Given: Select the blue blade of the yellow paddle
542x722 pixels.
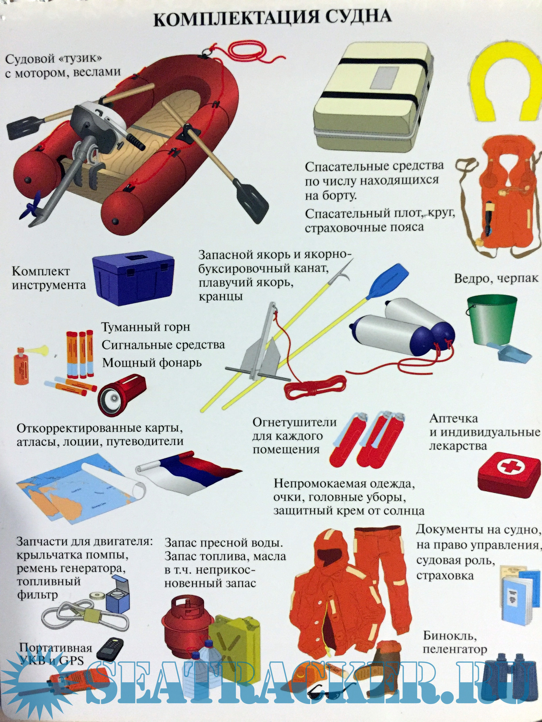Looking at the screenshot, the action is pos(387,281).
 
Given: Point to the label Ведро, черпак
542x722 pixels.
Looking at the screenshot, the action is pos(496,278).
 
